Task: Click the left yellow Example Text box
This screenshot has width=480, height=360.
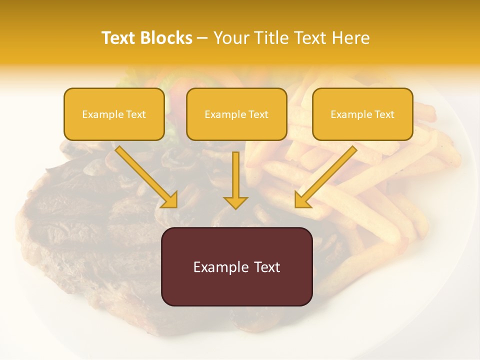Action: (114, 114)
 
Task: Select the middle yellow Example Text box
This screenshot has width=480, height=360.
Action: (236, 114)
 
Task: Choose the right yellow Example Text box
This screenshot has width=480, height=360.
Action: (362, 114)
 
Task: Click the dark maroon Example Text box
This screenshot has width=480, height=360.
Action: (236, 266)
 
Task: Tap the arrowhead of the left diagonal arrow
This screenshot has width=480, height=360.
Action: (170, 200)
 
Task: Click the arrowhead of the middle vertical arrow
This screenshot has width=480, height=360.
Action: (235, 202)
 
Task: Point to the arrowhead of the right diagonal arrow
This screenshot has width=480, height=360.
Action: (302, 200)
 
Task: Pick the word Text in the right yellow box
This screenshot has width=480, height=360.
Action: (384, 114)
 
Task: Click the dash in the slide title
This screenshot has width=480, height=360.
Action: (202, 38)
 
